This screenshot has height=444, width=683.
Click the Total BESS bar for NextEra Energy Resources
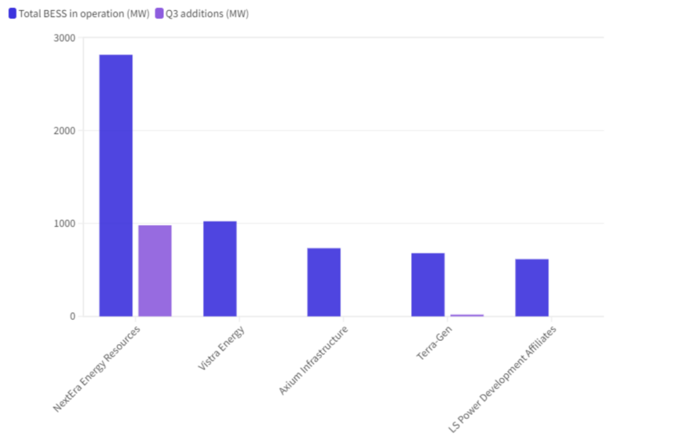pos(116,185)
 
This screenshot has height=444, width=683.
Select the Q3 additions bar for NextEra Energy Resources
pos(155,271)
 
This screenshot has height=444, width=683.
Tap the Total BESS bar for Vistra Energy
pos(220,269)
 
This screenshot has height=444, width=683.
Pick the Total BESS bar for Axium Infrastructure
pos(324,282)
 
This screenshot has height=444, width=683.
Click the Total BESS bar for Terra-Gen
pos(428,285)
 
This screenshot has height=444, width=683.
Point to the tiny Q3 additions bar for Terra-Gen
pos(467,315)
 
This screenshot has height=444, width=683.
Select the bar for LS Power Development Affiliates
pos(532,288)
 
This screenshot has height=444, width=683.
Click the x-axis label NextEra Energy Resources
pos(97,369)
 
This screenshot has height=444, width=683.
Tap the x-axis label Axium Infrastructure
pos(313,361)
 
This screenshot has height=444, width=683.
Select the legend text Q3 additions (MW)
pos(207,13)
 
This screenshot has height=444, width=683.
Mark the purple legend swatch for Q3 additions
pos(159,13)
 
